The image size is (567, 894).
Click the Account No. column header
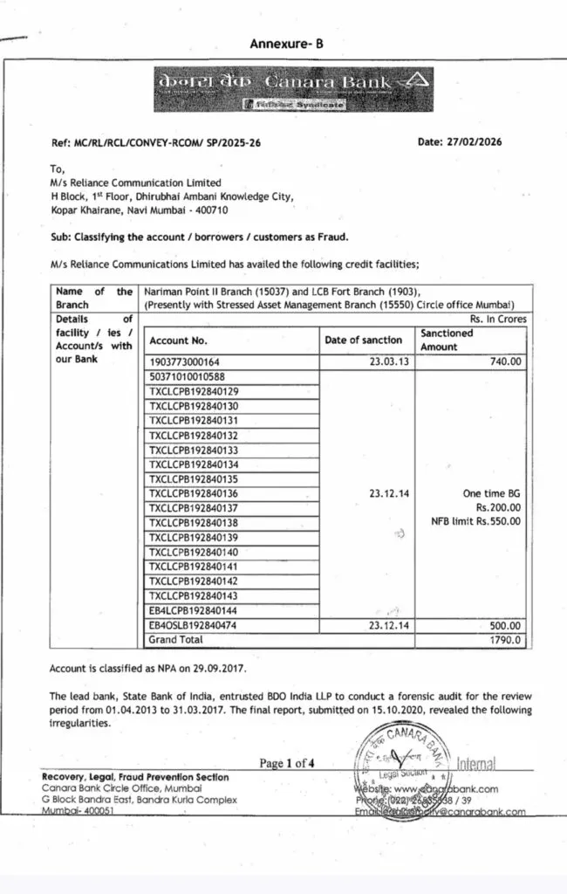pos(178,340)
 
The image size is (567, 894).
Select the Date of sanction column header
pos(364,340)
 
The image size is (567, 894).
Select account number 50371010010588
pos(188,377)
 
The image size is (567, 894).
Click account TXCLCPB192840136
pos(194,494)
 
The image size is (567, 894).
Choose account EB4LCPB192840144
pos(194,611)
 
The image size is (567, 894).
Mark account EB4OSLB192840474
pos(194,626)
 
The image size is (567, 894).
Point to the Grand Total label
pos(176,640)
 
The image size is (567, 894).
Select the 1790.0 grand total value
pos(507,640)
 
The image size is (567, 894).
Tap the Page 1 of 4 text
pos(287,764)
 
